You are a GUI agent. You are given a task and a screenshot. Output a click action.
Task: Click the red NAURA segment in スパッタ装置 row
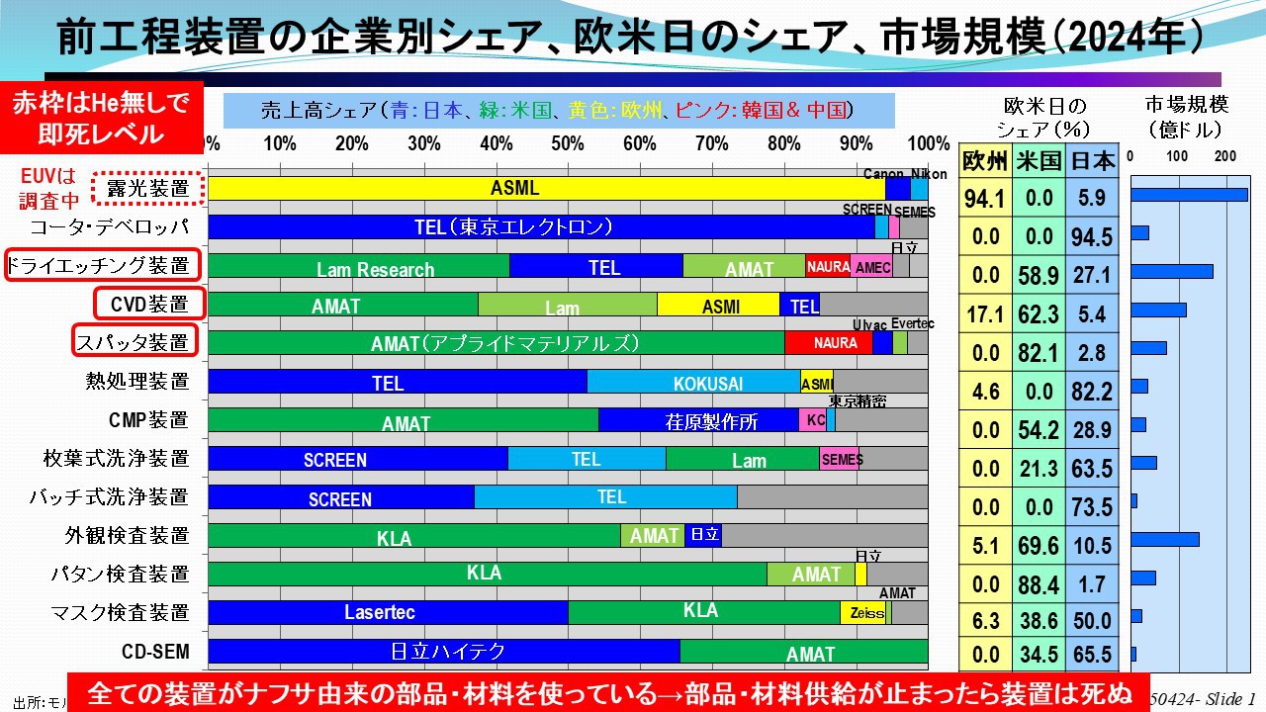829,343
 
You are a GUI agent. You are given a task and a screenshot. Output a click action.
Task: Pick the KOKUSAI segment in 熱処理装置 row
693,382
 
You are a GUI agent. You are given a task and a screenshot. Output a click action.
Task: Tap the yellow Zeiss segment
862,612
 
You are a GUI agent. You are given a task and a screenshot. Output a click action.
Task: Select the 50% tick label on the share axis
568,143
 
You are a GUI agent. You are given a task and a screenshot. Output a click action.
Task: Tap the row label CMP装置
148,420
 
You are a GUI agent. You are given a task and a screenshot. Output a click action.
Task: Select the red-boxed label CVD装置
148,304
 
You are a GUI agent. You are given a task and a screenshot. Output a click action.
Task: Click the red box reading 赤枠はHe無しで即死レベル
101,117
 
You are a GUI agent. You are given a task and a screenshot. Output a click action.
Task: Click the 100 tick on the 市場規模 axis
1177,156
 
